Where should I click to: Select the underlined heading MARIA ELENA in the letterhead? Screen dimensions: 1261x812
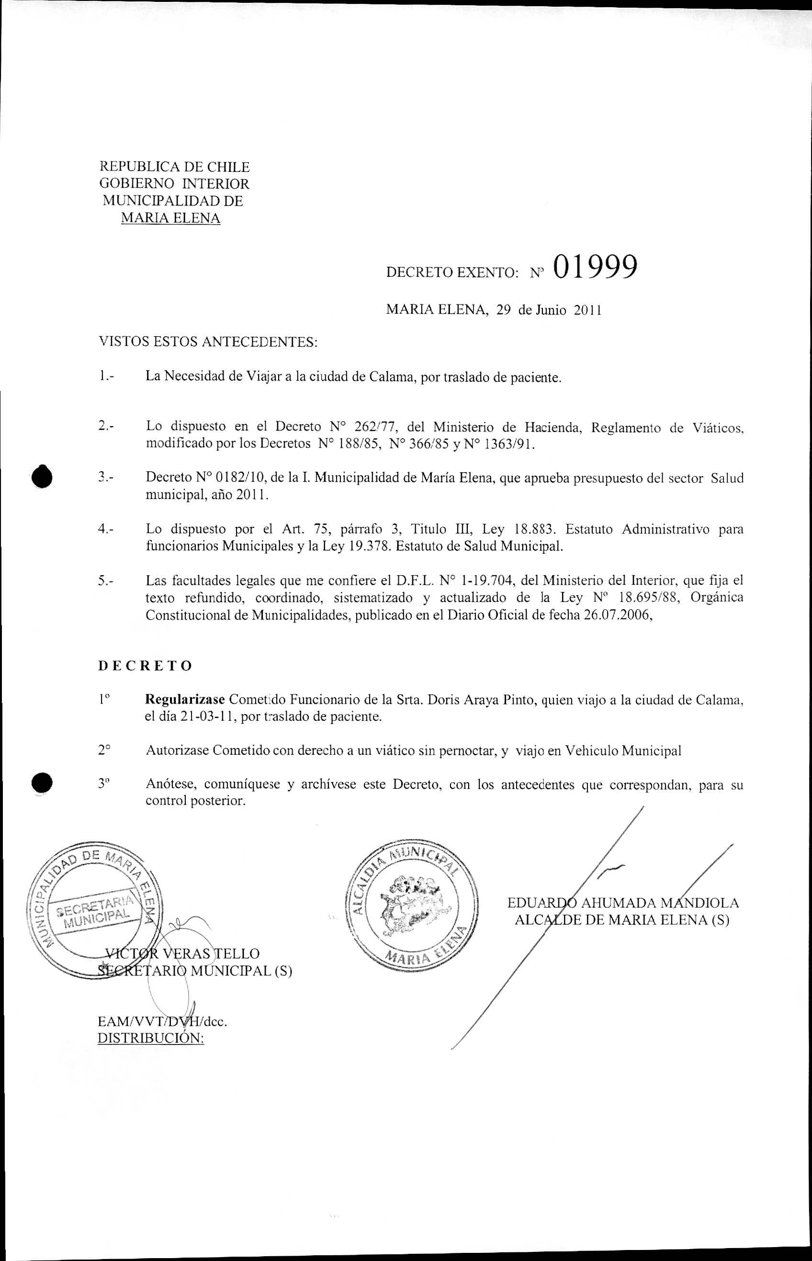[x=170, y=218]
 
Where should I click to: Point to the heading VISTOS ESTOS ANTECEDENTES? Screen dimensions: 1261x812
[x=208, y=342]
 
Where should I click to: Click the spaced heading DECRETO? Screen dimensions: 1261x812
[x=145, y=666]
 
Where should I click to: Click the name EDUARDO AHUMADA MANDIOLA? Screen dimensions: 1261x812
[x=623, y=902]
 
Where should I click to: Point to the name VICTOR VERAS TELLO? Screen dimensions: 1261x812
[x=182, y=953]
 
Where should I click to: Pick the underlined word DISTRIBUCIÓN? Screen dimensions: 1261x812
[x=151, y=1037]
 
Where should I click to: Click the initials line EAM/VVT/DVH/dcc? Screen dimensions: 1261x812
[x=162, y=1021]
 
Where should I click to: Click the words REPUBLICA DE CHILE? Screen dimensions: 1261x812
[x=175, y=167]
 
